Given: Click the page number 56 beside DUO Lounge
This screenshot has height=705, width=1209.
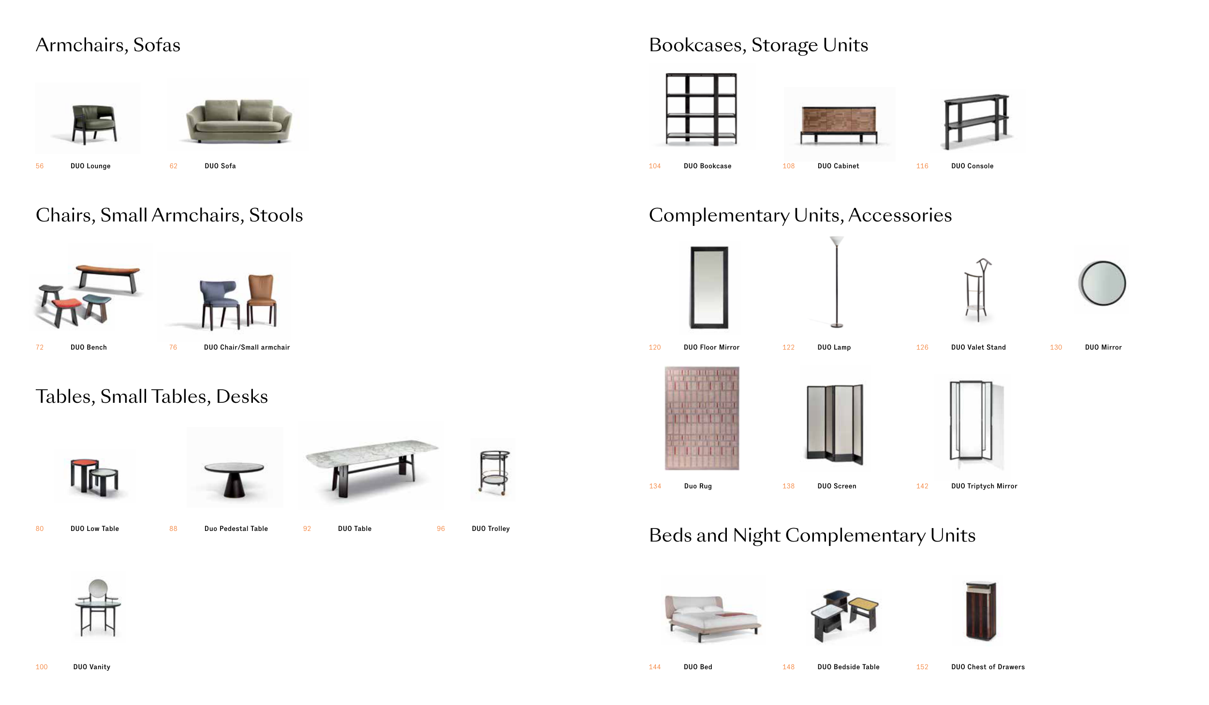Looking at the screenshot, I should pyautogui.click(x=40, y=166).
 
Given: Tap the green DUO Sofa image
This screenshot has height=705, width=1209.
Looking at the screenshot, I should pyautogui.click(x=239, y=121).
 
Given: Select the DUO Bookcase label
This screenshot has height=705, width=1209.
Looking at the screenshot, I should pyautogui.click(x=707, y=166).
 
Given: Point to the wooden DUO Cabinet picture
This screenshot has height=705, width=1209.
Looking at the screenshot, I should pyautogui.click(x=839, y=121).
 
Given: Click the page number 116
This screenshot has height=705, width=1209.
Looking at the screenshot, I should pyautogui.click(x=922, y=166).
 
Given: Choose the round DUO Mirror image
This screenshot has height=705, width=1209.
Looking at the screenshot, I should pyautogui.click(x=1103, y=283).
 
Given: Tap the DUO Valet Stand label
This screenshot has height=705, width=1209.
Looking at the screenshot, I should pyautogui.click(x=978, y=347).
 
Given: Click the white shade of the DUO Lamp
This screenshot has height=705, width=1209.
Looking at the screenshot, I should pyautogui.click(x=837, y=240).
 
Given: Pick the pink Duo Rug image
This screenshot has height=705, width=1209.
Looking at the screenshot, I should pyautogui.click(x=702, y=418).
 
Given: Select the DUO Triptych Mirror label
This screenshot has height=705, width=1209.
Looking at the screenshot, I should pyautogui.click(x=984, y=486).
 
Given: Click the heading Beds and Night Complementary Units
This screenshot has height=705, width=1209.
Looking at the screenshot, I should pyautogui.click(x=812, y=535).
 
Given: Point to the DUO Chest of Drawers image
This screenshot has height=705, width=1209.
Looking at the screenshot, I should pyautogui.click(x=981, y=610).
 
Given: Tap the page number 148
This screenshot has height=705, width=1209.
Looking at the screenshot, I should pyautogui.click(x=788, y=667).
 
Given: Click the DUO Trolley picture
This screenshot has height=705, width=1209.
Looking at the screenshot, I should pyautogui.click(x=494, y=471).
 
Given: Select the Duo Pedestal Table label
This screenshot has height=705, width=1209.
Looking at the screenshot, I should pyautogui.click(x=236, y=529).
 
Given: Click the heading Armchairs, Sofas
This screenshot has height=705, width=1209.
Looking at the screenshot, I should pyautogui.click(x=108, y=45).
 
